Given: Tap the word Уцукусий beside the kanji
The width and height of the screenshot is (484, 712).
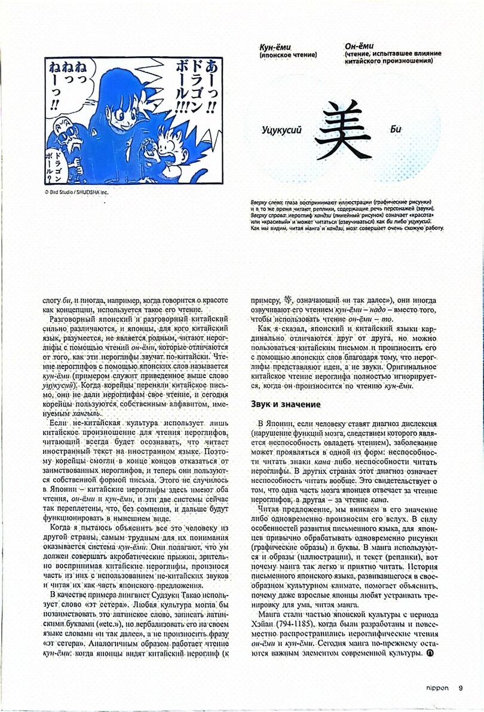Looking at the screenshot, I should [281, 130].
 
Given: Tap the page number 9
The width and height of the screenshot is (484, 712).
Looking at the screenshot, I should [461, 687].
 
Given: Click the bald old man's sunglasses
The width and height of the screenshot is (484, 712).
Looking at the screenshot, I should [62, 126].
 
